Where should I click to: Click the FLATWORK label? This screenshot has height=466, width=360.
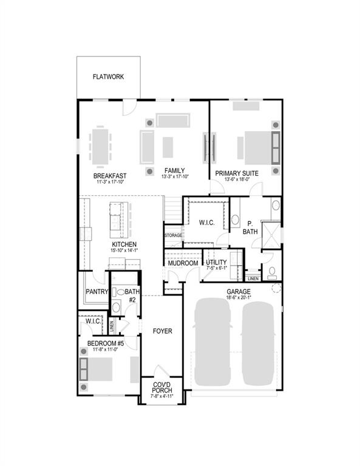109,77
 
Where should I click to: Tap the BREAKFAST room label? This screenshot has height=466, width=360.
110,175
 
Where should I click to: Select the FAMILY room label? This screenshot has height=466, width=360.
174,171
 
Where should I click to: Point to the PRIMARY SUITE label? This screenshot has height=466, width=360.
237,173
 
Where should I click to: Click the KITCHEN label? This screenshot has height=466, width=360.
123,244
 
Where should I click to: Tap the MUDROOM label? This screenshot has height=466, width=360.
183,263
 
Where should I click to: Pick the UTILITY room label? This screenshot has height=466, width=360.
216,262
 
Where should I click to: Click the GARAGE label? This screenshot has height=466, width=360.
239,292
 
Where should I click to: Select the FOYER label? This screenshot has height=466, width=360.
162,331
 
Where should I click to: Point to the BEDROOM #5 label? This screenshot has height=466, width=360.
106,343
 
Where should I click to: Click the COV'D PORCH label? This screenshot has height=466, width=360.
161,387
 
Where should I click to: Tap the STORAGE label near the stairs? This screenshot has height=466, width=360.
173,236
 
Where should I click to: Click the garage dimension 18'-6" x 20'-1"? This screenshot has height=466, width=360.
239,298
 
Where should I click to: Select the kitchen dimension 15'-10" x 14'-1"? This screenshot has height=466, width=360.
123,250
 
